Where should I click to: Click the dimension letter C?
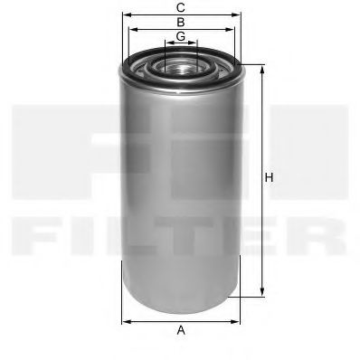pyautogui.click(x=181, y=7)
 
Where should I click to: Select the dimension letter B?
pyautogui.click(x=181, y=21)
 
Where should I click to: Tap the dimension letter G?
pyautogui.click(x=181, y=35)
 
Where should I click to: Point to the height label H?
pyautogui.click(x=269, y=179)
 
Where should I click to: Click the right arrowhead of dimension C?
pyautogui.click(x=239, y=14)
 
